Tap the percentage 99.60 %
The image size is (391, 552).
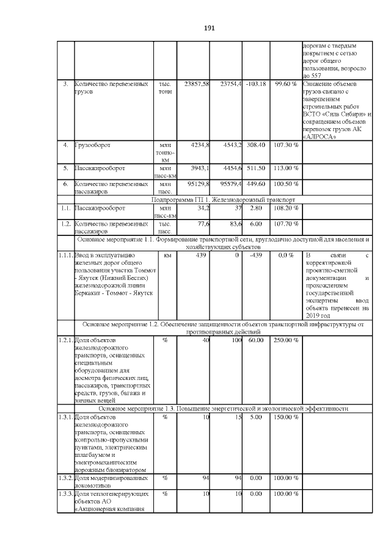pyautogui.click(x=285, y=83)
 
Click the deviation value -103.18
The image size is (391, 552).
pyautogui.click(x=255, y=83)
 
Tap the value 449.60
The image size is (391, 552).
pyautogui.click(x=255, y=183)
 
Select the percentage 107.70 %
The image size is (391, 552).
pyautogui.click(x=285, y=224)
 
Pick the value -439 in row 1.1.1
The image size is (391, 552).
pyautogui.click(x=255, y=255)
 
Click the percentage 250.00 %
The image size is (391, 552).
pyautogui.click(x=285, y=340)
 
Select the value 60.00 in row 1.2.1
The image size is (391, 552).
pyautogui.click(x=255, y=340)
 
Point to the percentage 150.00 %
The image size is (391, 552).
pyautogui.click(x=285, y=417)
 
